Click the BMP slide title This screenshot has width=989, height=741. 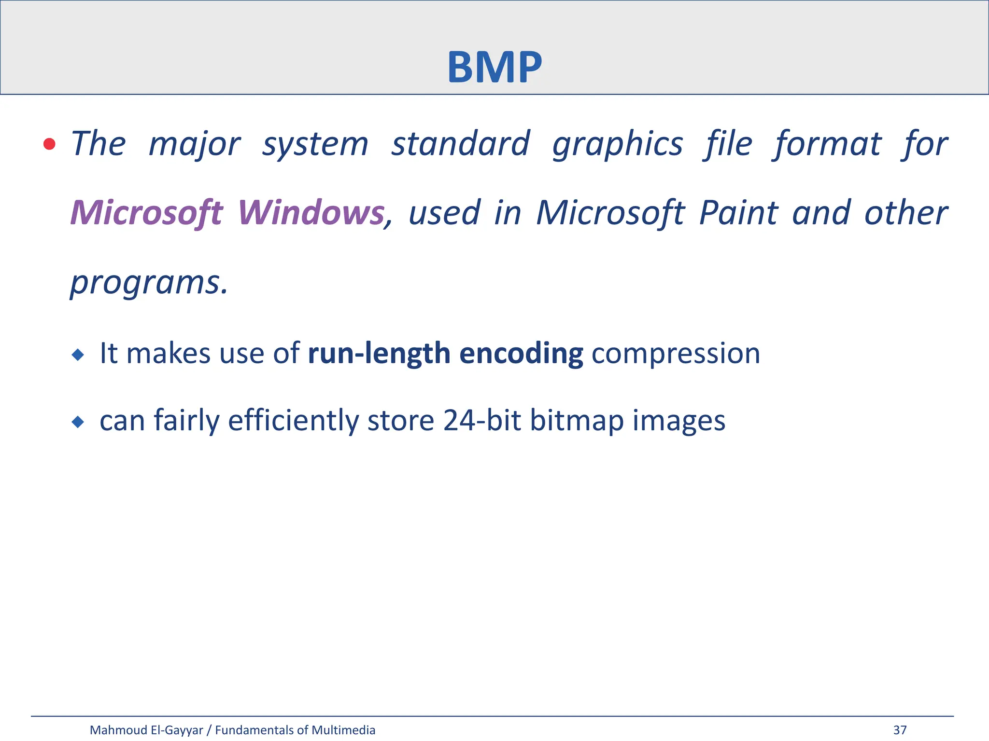[x=494, y=67]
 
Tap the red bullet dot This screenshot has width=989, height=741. [x=49, y=144]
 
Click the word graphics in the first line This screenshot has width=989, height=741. [x=618, y=144]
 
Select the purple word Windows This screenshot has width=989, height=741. [x=311, y=213]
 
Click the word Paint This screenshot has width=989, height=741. [x=738, y=213]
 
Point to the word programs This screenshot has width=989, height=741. [x=148, y=282]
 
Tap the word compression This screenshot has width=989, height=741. [x=676, y=353]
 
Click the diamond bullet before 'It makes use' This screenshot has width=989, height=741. [x=77, y=356]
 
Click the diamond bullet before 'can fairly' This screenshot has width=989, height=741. [x=77, y=423]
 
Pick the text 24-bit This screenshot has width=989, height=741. [x=481, y=420]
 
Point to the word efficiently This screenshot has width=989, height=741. [x=293, y=420]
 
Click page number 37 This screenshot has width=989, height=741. [x=900, y=730]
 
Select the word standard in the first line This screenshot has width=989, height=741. [x=460, y=144]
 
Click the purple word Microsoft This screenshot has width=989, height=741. [x=147, y=213]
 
